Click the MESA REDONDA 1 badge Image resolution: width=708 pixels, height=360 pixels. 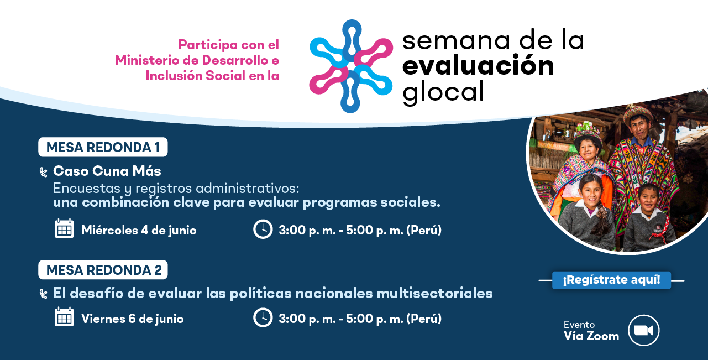[103, 147]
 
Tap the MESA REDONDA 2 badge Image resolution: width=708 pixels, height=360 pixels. [103, 270]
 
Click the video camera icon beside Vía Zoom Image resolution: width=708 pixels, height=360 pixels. [643, 330]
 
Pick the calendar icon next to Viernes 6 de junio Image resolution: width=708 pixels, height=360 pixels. [64, 317]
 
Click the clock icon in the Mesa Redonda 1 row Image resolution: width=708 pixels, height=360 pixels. [263, 229]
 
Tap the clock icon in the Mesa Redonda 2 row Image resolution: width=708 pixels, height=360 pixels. [263, 317]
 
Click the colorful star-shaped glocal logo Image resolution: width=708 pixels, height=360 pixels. [351, 66]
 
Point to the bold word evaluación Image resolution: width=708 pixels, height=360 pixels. [478, 65]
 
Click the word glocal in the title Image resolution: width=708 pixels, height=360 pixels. [443, 92]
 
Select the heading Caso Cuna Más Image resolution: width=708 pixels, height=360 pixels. [107, 171]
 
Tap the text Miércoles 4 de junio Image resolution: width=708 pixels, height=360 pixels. [139, 230]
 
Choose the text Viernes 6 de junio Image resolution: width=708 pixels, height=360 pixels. [133, 319]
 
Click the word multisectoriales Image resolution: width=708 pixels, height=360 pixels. [434, 293]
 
